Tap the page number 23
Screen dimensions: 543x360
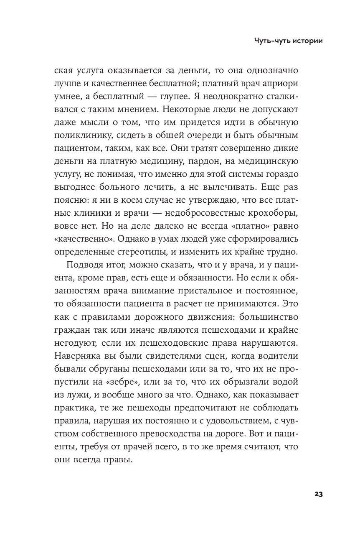click(x=318, y=494)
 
